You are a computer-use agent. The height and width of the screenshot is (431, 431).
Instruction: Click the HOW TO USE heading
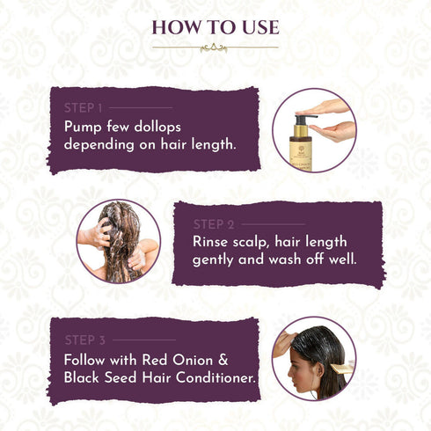coord(215,27)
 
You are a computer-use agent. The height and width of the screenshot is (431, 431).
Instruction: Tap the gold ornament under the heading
coord(215,47)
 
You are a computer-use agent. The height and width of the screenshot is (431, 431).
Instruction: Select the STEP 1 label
coord(84,107)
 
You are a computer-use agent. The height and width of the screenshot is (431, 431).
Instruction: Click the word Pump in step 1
coord(84,126)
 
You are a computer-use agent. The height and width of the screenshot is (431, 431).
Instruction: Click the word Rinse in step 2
coord(212,242)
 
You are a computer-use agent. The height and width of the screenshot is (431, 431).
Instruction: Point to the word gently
coord(217,260)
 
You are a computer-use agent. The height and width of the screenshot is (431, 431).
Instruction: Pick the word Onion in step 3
coord(194,358)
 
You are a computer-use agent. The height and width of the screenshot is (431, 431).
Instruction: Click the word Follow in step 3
coord(85,358)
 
